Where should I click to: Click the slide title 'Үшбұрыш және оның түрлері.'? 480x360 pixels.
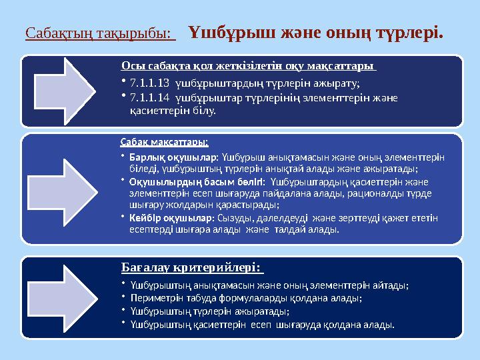pos(316,32)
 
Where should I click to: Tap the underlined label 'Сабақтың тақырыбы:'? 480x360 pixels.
pos(99,33)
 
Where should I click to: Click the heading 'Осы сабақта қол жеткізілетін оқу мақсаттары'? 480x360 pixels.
pos(248,67)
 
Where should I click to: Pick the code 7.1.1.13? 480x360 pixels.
pos(149,83)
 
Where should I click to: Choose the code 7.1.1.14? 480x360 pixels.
pos(149,98)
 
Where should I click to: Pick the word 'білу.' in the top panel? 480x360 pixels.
pos(204,111)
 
